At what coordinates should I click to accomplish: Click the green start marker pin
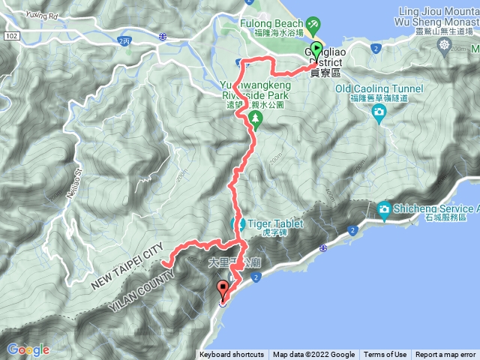click(316, 52)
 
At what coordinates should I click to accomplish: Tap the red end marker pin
click(223, 289)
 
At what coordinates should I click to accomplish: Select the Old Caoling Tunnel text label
click(379, 89)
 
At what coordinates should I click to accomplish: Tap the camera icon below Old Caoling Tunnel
click(379, 113)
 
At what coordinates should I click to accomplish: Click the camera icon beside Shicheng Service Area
click(385, 209)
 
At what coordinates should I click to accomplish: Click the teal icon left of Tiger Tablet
click(242, 224)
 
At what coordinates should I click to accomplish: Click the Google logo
click(28, 349)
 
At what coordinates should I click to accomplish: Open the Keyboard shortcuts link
click(232, 355)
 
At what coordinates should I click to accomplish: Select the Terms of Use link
click(385, 355)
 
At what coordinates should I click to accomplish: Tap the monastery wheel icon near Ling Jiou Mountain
click(445, 45)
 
